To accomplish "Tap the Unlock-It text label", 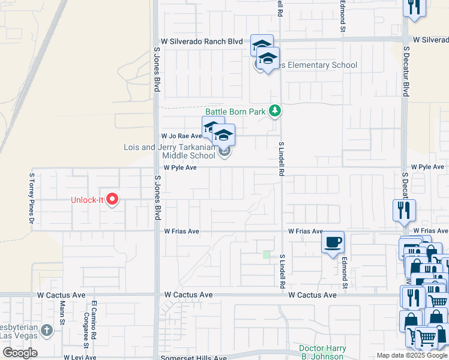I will (x=88, y=200).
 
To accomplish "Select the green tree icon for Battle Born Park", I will (x=275, y=110).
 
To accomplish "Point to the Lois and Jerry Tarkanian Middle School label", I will (x=169, y=151).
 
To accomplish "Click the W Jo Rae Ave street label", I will (x=181, y=136).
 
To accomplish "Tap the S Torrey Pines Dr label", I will (x=32, y=198).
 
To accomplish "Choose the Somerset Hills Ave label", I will (x=194, y=358).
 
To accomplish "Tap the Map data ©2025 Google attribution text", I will (x=412, y=355).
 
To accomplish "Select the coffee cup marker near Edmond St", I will (x=333, y=242).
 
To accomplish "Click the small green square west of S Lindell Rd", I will (x=266, y=255).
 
